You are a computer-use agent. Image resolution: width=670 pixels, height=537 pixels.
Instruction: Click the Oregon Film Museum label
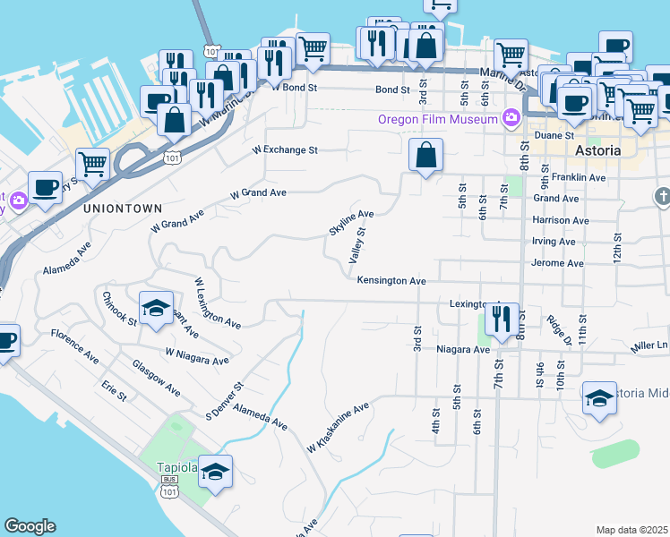pyautogui.click(x=437, y=119)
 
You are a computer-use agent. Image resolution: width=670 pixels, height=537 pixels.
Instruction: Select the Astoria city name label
pyautogui.click(x=597, y=150)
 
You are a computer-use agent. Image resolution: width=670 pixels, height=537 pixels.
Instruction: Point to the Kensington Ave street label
pyautogui.click(x=391, y=280)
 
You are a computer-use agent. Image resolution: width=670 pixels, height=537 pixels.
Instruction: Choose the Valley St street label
pyautogui.click(x=357, y=244)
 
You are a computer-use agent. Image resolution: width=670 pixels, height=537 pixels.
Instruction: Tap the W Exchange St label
pyautogui.click(x=286, y=150)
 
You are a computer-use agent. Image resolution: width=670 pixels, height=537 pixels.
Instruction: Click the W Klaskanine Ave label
pyautogui.click(x=338, y=427)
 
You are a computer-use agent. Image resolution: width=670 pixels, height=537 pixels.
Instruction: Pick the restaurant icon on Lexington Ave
pyautogui.click(x=503, y=318)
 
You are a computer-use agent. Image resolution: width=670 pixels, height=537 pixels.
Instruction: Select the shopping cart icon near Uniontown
pyautogui.click(x=92, y=165)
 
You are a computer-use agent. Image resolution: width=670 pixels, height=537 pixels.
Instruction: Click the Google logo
pyautogui.click(x=30, y=526)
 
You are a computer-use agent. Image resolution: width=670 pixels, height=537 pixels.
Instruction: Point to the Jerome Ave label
pyautogui.click(x=556, y=263)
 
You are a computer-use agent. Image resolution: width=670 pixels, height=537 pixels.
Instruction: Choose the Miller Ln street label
pyautogui.click(x=649, y=345)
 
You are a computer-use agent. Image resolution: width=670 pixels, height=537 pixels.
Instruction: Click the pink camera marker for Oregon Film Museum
pyautogui.click(x=511, y=116)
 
